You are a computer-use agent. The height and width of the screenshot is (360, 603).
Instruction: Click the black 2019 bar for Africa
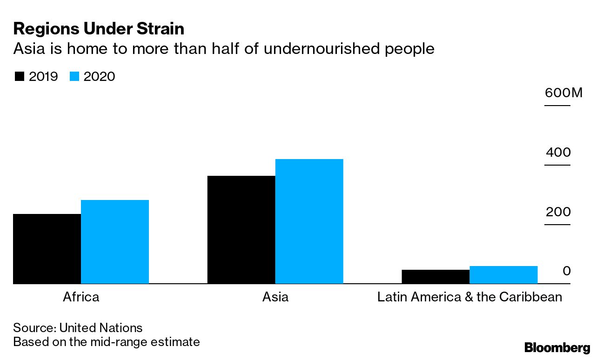(47, 249)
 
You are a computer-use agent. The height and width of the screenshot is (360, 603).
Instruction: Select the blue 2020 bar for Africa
(115, 242)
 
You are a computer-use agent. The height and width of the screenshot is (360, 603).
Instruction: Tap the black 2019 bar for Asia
(241, 230)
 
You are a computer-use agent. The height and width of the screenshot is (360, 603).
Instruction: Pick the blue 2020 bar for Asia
(309, 221)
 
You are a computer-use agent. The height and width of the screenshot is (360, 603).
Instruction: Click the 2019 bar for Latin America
(435, 277)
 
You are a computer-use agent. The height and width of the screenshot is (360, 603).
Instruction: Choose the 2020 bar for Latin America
(503, 275)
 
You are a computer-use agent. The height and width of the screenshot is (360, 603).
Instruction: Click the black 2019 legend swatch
(19, 77)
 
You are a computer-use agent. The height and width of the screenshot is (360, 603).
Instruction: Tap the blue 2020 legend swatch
(74, 77)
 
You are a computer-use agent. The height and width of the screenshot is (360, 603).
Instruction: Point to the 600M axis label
(563, 93)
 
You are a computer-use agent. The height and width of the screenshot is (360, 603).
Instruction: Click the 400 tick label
(558, 153)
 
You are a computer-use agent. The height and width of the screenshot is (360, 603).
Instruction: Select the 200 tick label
(558, 212)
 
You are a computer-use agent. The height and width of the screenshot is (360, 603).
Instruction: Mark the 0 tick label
(566, 271)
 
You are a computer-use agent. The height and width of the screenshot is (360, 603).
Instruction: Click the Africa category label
(81, 297)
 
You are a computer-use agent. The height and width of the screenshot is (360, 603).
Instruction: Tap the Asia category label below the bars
(275, 297)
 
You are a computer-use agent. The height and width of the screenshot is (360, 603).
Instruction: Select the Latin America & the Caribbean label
(469, 297)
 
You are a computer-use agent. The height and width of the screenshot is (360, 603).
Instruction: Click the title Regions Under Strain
(99, 29)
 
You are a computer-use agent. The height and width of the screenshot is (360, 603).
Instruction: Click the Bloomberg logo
(557, 347)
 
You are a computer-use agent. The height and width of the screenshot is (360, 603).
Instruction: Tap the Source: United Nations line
(78, 327)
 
